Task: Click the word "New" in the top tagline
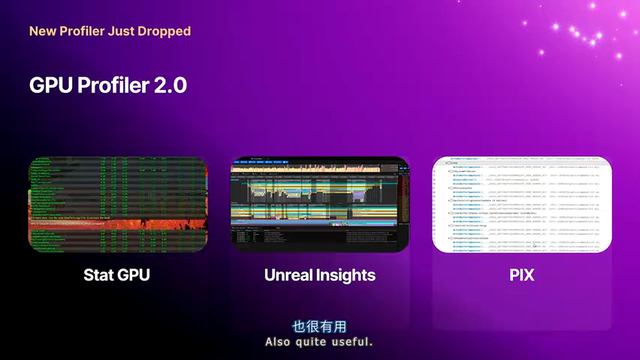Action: click(42, 31)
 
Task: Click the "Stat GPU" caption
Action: click(116, 275)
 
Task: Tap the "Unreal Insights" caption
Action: click(320, 275)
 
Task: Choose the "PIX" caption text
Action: click(522, 275)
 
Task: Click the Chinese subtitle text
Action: click(319, 327)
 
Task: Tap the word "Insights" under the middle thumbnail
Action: click(347, 275)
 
